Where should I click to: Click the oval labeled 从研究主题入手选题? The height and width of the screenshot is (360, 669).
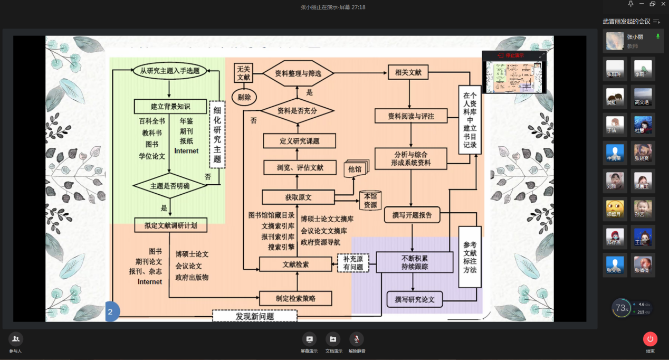tap(169, 70)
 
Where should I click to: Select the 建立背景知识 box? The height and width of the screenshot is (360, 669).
tap(169, 106)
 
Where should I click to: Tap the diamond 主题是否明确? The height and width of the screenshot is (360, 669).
tap(169, 186)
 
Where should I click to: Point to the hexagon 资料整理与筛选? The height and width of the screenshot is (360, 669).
tap(298, 74)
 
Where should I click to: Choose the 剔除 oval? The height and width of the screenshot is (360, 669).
tap(244, 97)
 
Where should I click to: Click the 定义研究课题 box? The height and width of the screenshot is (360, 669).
tap(299, 141)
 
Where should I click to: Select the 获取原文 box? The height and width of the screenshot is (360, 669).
tap(298, 197)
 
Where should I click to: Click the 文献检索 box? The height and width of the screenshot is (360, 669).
tap(295, 264)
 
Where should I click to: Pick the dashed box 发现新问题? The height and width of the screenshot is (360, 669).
tap(254, 316)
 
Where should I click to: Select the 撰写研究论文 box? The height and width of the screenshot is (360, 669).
tap(415, 299)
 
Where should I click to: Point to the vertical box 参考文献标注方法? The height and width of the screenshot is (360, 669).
tap(470, 257)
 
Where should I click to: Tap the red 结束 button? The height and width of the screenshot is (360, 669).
tap(650, 339)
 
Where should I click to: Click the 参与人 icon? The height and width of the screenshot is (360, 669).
tap(16, 339)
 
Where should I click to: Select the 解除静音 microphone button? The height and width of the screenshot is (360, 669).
tap(357, 339)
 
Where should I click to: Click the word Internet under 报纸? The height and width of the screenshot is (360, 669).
tap(186, 151)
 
